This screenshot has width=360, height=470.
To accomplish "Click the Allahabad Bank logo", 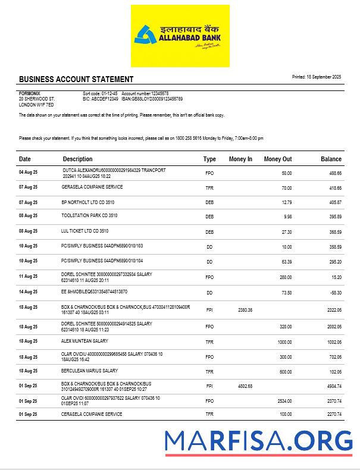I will (x=180, y=36).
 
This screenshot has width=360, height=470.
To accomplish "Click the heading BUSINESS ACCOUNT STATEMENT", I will (x=76, y=79).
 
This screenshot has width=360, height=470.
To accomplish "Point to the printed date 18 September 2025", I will (x=317, y=77).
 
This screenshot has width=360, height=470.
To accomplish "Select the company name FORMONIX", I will (x=29, y=93).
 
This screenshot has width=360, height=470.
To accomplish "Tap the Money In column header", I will (x=240, y=159).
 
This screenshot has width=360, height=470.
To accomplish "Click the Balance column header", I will (x=331, y=159).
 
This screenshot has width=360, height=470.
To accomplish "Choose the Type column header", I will (x=209, y=159).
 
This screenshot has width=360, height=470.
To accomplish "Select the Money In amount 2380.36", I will (x=245, y=310).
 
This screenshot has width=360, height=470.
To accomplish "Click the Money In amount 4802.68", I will (x=245, y=386).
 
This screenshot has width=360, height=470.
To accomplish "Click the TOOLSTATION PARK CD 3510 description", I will (x=89, y=216).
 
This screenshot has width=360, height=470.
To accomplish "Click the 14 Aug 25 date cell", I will (x=28, y=292).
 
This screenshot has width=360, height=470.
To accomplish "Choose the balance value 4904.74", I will (x=333, y=386).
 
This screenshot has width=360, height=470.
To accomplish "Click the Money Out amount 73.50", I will (x=286, y=292).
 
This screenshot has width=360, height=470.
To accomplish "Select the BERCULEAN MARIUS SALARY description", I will (x=89, y=371).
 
